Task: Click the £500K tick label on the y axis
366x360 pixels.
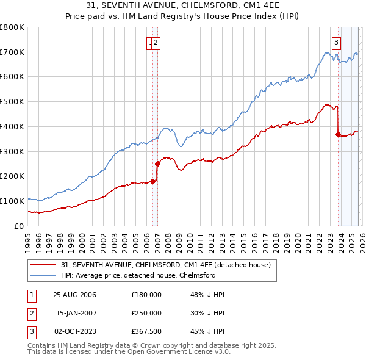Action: (x=12, y=102)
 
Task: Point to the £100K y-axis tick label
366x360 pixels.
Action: (x=12, y=201)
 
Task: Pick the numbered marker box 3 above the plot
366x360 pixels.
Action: (x=336, y=42)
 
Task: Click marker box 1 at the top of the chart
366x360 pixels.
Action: (x=150, y=42)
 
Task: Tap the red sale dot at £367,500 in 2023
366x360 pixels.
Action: (x=338, y=135)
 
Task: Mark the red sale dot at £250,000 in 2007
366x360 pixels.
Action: (x=157, y=164)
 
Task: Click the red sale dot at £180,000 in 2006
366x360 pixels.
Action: (x=153, y=181)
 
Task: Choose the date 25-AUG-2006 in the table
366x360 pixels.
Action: (x=74, y=295)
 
